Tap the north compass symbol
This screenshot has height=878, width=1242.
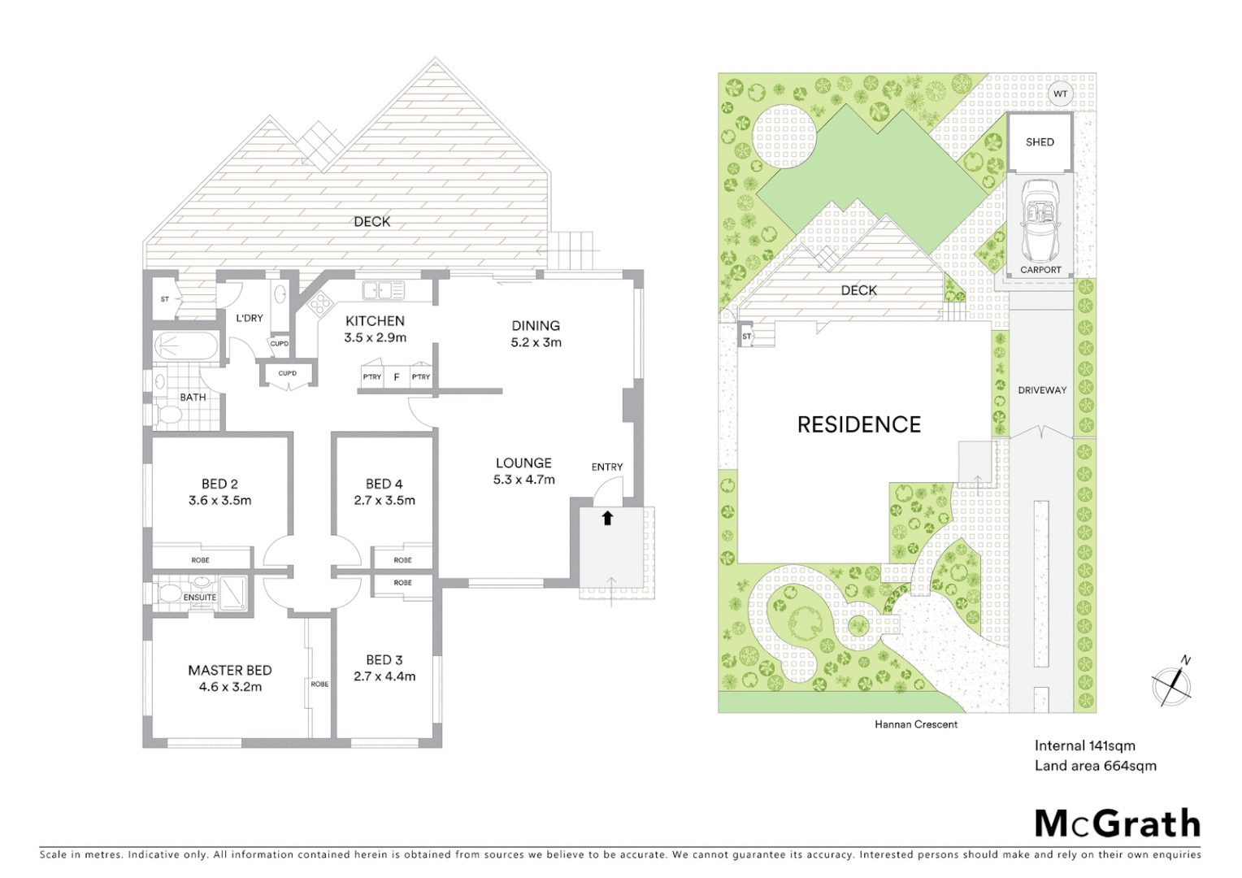click(1171, 686)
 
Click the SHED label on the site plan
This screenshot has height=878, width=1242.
click(1040, 142)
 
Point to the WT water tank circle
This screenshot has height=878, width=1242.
click(1060, 94)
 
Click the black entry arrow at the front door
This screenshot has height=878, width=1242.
click(607, 518)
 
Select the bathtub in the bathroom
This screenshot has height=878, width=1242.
click(186, 346)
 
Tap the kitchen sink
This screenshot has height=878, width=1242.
click(383, 290)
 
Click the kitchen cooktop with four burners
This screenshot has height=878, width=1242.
click(319, 304)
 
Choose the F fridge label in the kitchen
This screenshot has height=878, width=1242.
click(397, 377)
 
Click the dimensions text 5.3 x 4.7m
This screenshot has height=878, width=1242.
click(523, 480)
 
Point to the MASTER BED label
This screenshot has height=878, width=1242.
click(229, 670)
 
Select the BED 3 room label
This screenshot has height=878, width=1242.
click(384, 659)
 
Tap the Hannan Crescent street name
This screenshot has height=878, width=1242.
click(915, 724)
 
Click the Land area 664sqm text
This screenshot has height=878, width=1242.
click(1095, 766)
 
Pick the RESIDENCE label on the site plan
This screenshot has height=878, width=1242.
click(858, 424)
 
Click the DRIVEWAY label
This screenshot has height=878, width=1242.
click(1042, 390)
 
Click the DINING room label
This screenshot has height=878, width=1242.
click(535, 325)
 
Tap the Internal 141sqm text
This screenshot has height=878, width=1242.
click(1084, 745)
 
